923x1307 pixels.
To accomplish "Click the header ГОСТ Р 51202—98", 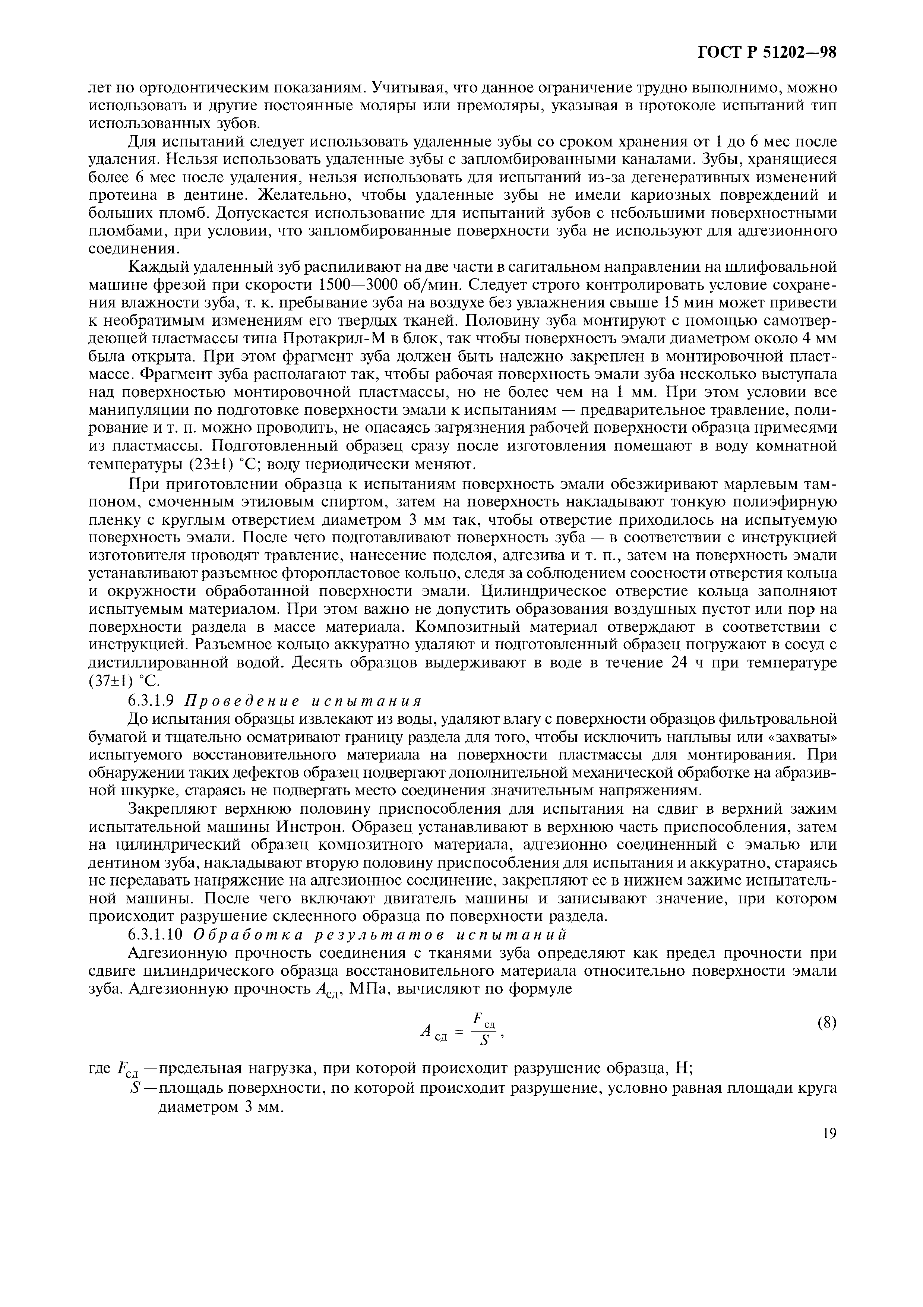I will pos(767,53).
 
